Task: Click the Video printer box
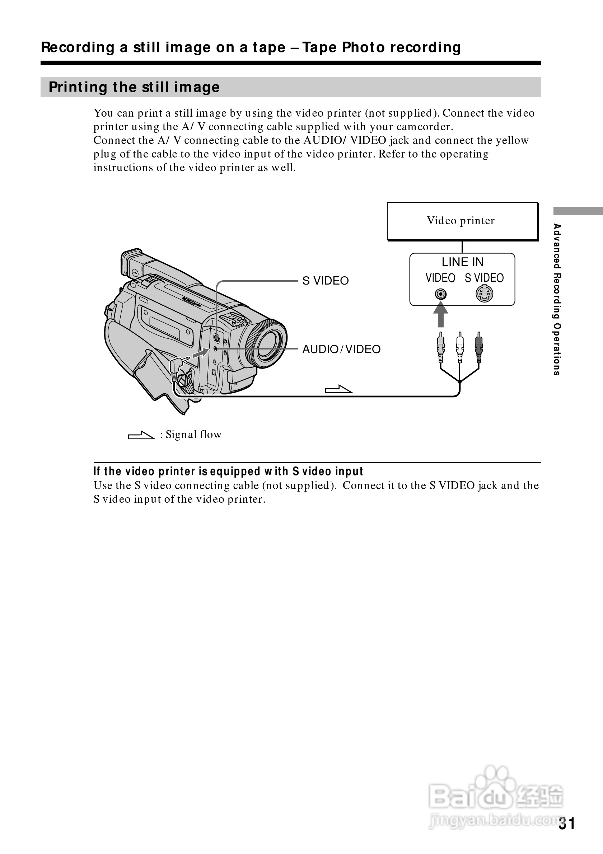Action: pyautogui.click(x=462, y=221)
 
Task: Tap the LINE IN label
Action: pyautogui.click(x=462, y=262)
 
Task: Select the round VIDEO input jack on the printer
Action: pyautogui.click(x=440, y=294)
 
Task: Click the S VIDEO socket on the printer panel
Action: pyautogui.click(x=484, y=294)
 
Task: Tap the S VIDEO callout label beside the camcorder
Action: pyautogui.click(x=326, y=281)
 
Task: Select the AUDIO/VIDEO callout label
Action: pyautogui.click(x=341, y=349)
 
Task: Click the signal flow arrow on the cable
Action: pyautogui.click(x=338, y=389)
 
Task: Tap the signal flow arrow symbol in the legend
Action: pyautogui.click(x=141, y=435)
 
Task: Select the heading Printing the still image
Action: pyautogui.click(x=134, y=87)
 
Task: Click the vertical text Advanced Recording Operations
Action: pyautogui.click(x=556, y=299)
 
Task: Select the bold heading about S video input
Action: pyautogui.click(x=228, y=471)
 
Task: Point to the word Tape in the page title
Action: pyautogui.click(x=319, y=48)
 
